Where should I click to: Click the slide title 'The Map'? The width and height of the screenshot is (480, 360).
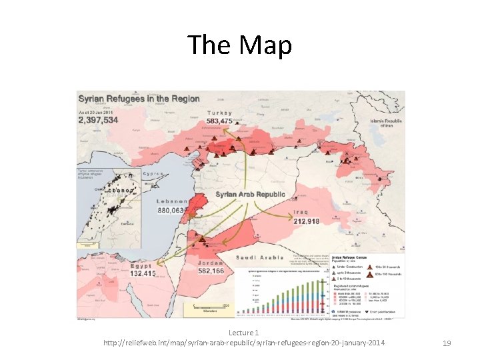click(239, 45)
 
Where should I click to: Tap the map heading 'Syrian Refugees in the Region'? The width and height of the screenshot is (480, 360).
click(140, 99)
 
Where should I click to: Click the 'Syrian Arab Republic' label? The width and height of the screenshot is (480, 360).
click(250, 195)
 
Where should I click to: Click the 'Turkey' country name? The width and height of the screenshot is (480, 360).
click(220, 113)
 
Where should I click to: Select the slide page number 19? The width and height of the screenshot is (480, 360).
click(447, 343)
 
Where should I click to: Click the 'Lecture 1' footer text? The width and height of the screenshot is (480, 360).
click(243, 332)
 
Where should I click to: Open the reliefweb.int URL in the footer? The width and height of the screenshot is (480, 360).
click(243, 343)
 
